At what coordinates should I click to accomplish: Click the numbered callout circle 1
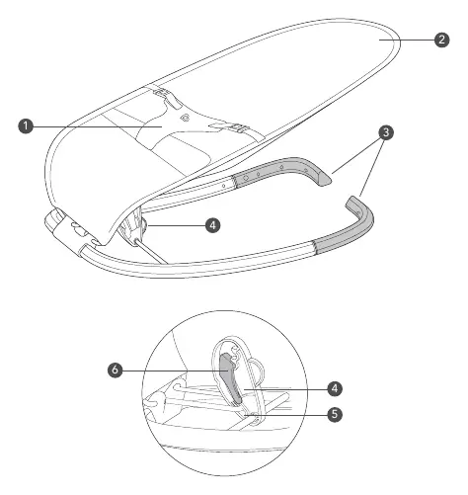(x=26, y=126)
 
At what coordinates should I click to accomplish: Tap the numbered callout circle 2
(x=441, y=40)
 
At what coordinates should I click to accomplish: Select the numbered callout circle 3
(x=386, y=132)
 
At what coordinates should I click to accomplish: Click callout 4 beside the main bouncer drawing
(x=212, y=225)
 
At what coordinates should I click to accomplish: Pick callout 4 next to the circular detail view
(x=335, y=388)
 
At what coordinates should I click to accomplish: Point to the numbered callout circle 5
(x=335, y=414)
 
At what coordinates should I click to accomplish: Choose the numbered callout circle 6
(x=115, y=370)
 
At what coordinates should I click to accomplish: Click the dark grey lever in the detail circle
(x=232, y=378)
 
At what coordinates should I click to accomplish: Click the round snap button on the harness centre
(x=185, y=117)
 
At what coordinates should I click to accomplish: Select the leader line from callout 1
(x=98, y=126)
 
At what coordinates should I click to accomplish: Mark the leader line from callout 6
(x=176, y=371)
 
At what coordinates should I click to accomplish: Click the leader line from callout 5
(x=286, y=415)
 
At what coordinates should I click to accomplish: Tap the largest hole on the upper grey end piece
(x=246, y=178)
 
